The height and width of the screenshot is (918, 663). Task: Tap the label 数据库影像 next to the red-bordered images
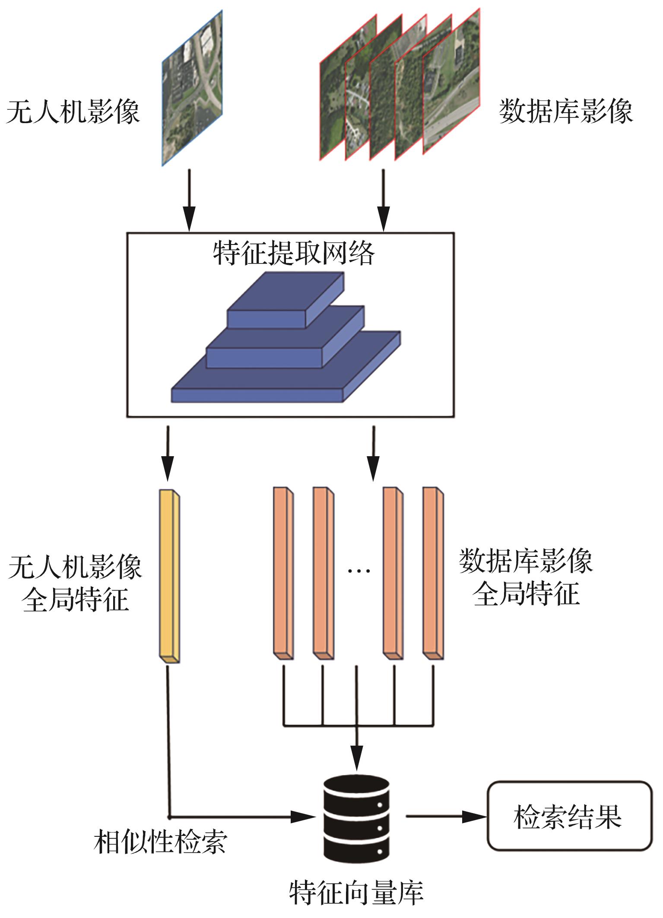pos(566,112)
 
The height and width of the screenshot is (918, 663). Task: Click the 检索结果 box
pos(569,816)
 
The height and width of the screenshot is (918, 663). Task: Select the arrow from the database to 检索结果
pos(445,816)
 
